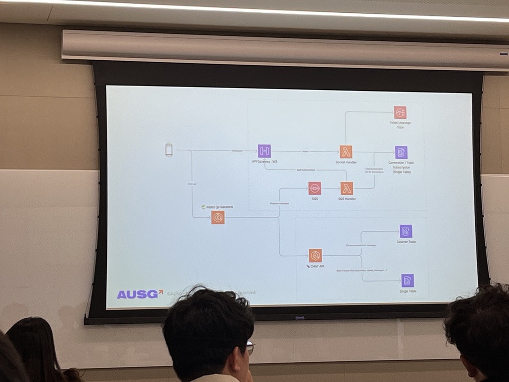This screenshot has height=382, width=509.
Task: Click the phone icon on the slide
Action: click(x=169, y=150)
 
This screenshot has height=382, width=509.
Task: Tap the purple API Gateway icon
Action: click(x=264, y=151)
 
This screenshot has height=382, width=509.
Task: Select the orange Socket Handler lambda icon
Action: click(x=346, y=151)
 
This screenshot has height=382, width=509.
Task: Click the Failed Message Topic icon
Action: click(x=400, y=112)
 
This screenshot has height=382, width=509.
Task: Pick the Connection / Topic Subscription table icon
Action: click(x=401, y=152)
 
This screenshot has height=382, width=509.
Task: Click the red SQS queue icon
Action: click(x=315, y=188)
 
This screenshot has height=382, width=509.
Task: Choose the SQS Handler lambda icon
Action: click(x=347, y=188)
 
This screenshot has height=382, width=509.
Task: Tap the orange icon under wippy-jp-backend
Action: click(x=218, y=217)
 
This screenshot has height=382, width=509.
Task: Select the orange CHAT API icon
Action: click(x=315, y=255)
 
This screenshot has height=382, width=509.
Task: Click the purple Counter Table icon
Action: click(x=406, y=231)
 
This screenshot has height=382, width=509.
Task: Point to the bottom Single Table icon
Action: click(x=408, y=281)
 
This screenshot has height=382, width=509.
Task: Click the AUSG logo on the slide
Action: click(x=140, y=294)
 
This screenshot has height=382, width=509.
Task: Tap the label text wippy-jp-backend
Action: click(x=219, y=206)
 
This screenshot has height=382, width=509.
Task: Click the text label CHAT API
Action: click(x=316, y=267)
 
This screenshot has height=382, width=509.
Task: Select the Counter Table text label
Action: click(x=406, y=242)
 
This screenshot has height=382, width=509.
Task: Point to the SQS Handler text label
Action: click(x=347, y=198)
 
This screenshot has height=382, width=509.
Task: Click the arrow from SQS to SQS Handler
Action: click(x=331, y=189)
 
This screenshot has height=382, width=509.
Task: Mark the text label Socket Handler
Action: click(x=346, y=162)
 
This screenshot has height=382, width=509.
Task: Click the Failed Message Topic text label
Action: click(x=400, y=125)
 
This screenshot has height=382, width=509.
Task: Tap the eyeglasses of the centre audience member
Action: click(x=250, y=348)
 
